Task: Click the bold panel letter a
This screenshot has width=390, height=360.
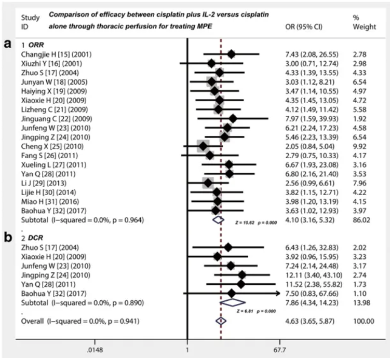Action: pyautogui.click(x=8, y=45)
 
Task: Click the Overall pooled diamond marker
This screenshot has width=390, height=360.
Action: pyautogui.click(x=221, y=321)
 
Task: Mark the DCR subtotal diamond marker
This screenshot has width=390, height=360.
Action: pyautogui.click(x=231, y=301)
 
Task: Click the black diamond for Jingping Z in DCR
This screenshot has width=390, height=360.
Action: pyautogui.click(x=243, y=274)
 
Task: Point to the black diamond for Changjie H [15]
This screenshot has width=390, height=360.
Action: pyautogui.click(x=231, y=54)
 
